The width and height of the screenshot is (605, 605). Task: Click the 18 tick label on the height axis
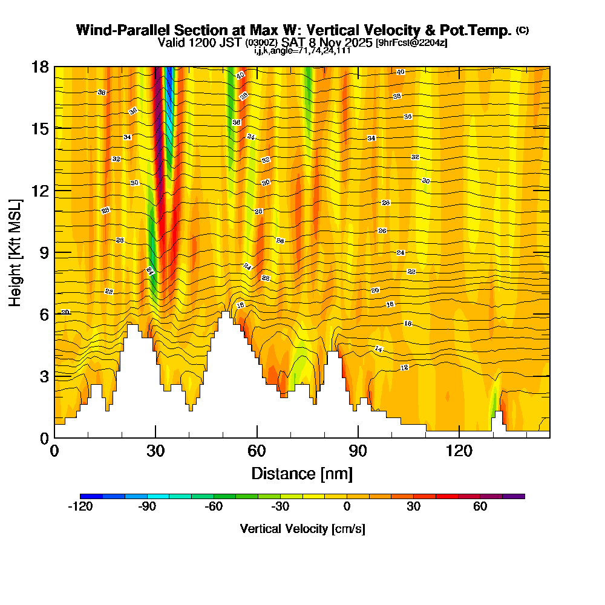tap(40, 67)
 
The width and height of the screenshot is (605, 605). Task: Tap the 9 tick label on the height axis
tap(44, 252)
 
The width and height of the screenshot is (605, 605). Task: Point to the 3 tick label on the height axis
tap(44, 376)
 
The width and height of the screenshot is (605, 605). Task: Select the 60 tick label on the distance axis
tap(257, 451)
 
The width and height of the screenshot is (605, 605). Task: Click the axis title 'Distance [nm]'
tap(302, 473)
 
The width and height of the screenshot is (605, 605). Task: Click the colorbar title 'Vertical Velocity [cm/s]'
tap(302, 529)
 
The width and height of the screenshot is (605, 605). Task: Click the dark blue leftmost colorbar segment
tap(91, 496)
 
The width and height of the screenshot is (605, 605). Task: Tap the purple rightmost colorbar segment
tap(514, 496)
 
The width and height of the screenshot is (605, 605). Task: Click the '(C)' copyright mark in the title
tap(522, 30)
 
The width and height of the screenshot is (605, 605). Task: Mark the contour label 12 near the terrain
tap(404, 368)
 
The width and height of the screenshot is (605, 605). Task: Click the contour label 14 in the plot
tap(379, 349)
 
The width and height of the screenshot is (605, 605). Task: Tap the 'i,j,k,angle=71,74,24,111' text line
tap(302, 50)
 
